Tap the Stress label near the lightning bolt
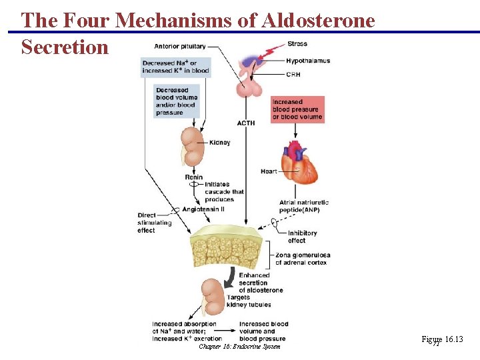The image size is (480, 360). pos(297,44)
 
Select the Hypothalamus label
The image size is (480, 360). pos(308,61)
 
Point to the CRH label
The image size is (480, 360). pos(294,75)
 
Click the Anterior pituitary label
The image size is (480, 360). pos(179,46)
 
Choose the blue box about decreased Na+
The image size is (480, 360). pos(175,66)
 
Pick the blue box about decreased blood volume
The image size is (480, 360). pos(177,101)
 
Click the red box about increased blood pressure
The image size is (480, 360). pos(297,109)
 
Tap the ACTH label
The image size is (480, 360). pos(246,123)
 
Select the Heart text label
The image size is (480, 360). pos(269,171)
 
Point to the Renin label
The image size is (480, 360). pos(194,177)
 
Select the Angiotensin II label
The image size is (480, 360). pos(207,209)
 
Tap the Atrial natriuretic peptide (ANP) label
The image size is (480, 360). pos(304,206)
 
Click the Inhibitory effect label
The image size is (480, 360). pos(302,237)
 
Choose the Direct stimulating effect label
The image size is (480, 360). pos(155,223)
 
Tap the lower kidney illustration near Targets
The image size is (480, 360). pos(213,297)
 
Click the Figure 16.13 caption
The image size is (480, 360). pos(442,340)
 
